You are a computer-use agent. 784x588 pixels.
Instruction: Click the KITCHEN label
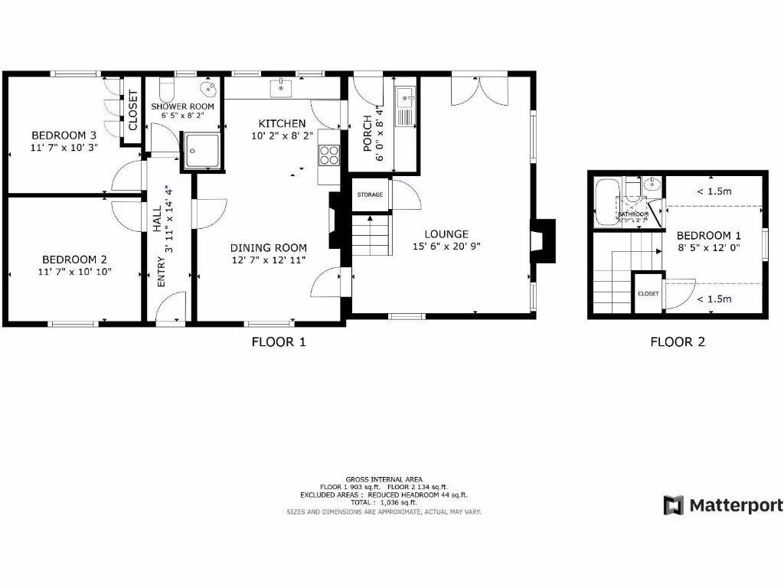(282, 123)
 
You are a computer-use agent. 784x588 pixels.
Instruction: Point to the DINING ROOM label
(269, 247)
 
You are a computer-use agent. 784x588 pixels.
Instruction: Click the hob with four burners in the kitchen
(329, 155)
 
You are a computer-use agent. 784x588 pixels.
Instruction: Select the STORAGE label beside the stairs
(370, 195)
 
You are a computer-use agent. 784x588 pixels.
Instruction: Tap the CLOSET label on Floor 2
(648, 293)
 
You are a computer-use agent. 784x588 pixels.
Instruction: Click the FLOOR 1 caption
(279, 342)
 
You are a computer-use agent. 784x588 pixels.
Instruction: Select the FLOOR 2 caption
(677, 342)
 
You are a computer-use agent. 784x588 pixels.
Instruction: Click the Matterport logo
(723, 505)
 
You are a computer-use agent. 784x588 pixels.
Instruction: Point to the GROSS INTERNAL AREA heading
(384, 479)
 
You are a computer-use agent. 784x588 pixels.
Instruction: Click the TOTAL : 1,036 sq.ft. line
(384, 502)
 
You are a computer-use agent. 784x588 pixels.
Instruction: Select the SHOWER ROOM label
(181, 106)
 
